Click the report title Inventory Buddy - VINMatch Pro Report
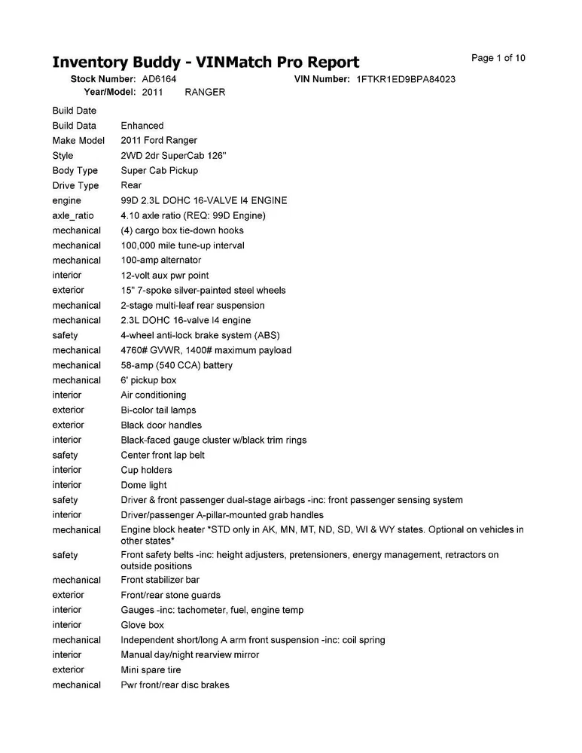click(206, 62)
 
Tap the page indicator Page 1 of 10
click(498, 58)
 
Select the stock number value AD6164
click(159, 79)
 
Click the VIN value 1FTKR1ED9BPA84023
click(406, 79)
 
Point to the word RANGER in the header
click(205, 92)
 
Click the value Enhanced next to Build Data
click(142, 126)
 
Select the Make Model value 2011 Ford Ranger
click(159, 141)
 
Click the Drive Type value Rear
click(131, 185)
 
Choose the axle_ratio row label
click(74, 215)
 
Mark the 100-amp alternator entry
click(161, 261)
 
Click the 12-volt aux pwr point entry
click(165, 276)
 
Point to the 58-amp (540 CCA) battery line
click(177, 365)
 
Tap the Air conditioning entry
click(154, 395)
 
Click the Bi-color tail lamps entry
click(158, 410)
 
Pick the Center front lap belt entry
click(163, 455)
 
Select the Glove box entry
click(142, 625)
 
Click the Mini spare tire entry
click(151, 669)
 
